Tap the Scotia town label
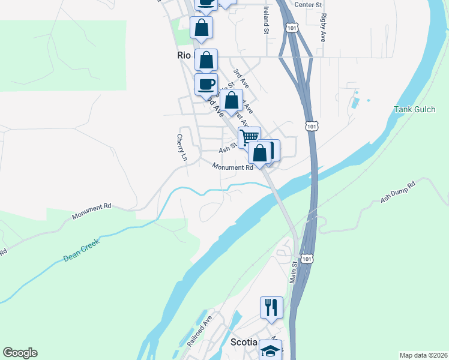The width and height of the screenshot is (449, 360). point(244,342)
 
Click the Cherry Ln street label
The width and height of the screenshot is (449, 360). point(181,147)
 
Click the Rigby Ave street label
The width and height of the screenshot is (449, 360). point(324,27)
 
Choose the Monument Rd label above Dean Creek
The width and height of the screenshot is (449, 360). point(91,211)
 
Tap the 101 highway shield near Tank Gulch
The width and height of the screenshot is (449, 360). point(311,126)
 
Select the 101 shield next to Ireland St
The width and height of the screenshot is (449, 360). point(292,28)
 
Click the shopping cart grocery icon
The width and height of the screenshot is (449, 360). point(249,136)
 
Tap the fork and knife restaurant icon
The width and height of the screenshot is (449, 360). point(271,307)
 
